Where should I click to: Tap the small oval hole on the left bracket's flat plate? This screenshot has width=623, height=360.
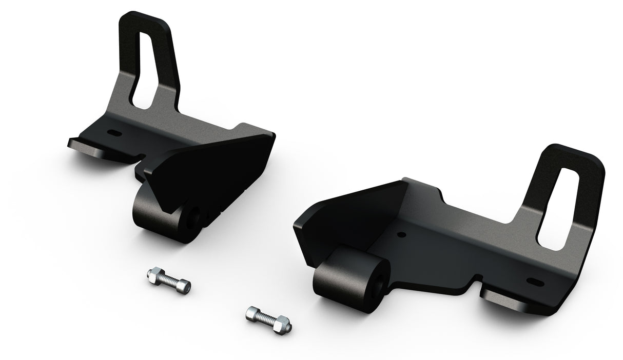[x=114, y=133]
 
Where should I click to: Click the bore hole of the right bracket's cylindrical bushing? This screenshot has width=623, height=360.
[x=380, y=283]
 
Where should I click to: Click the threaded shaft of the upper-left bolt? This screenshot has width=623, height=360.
[x=167, y=281]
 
